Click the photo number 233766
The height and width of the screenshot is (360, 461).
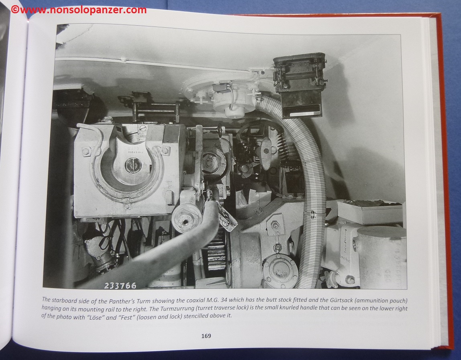click(x=120, y=286)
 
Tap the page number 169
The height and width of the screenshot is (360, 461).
click(x=206, y=336)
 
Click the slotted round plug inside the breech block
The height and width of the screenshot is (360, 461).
click(x=132, y=165)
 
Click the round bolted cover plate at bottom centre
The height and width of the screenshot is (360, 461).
click(x=280, y=270)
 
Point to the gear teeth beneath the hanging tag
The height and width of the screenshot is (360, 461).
click(x=217, y=251)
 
